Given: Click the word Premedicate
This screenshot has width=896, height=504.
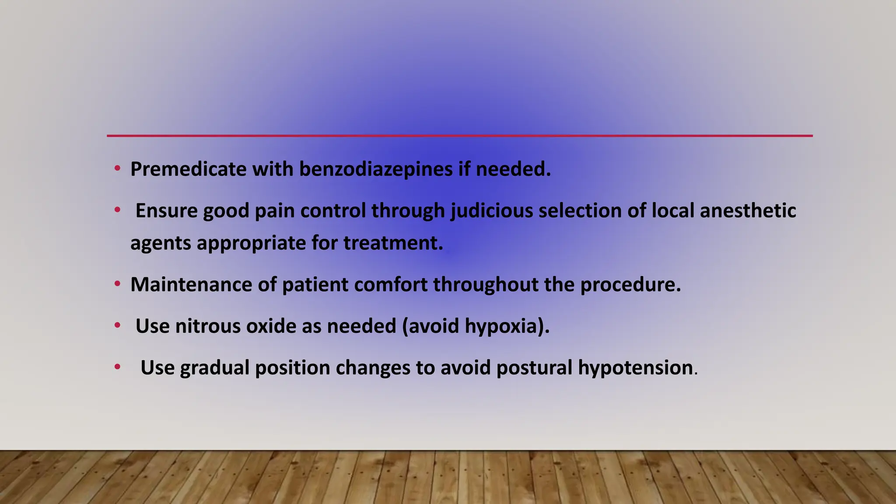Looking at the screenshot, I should [188, 169].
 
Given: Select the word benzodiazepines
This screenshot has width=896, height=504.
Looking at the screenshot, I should [376, 169].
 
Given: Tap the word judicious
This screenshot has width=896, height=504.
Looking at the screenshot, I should [492, 211].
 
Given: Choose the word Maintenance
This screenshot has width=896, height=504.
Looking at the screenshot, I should [191, 285].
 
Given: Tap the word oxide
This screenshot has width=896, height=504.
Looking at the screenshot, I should [271, 326].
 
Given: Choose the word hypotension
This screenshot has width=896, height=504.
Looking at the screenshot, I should [635, 368].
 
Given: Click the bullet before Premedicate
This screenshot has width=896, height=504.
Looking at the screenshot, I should [117, 169].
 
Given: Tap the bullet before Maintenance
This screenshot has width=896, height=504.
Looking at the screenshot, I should [117, 284].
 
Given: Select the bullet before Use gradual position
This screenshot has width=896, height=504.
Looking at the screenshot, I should [117, 367].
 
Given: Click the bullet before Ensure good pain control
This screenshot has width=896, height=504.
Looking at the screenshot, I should [117, 210].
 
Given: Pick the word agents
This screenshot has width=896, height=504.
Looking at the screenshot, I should [161, 243].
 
